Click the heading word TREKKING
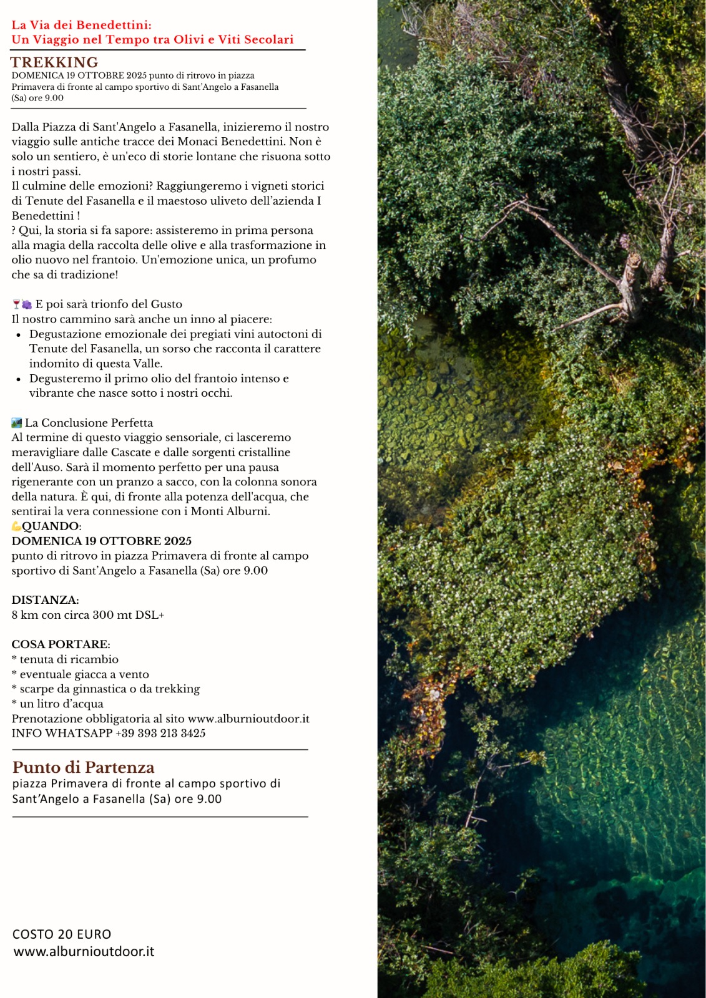point(54,62)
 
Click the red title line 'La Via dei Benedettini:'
point(81,25)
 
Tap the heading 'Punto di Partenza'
point(84,767)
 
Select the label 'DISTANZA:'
point(45,600)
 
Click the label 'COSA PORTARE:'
point(61,644)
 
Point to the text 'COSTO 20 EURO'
point(62,934)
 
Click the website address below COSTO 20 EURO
point(84,952)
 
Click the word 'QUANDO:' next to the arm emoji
point(51,526)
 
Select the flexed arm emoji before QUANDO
point(16,526)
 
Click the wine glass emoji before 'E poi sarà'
point(16,304)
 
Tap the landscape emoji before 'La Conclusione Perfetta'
point(17,423)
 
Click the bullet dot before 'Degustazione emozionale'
point(19,335)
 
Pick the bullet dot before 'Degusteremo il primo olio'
point(19,379)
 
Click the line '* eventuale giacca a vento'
point(80,674)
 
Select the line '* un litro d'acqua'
point(57,704)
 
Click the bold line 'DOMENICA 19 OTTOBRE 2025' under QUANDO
point(101,541)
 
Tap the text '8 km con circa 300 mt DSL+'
point(87,615)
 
